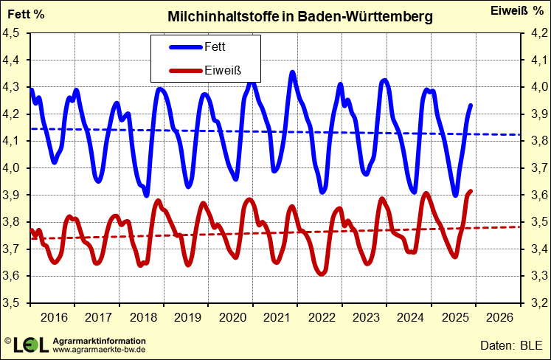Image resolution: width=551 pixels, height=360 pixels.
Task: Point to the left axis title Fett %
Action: [x=26, y=14]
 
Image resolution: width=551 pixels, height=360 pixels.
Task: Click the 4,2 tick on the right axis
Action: [x=535, y=34]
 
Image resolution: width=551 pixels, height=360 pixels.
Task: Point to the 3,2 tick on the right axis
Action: [x=535, y=303]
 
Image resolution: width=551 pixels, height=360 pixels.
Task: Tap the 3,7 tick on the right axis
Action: [x=535, y=168]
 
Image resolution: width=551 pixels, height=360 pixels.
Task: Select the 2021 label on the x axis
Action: [x=276, y=318]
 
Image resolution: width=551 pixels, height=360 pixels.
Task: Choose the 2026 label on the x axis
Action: [x=499, y=318]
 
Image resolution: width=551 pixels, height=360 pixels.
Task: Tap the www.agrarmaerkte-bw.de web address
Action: [x=99, y=350]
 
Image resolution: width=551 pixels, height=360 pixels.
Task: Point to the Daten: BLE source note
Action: [x=510, y=345]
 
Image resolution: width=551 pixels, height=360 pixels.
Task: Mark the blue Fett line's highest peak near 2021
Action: [x=293, y=72]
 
